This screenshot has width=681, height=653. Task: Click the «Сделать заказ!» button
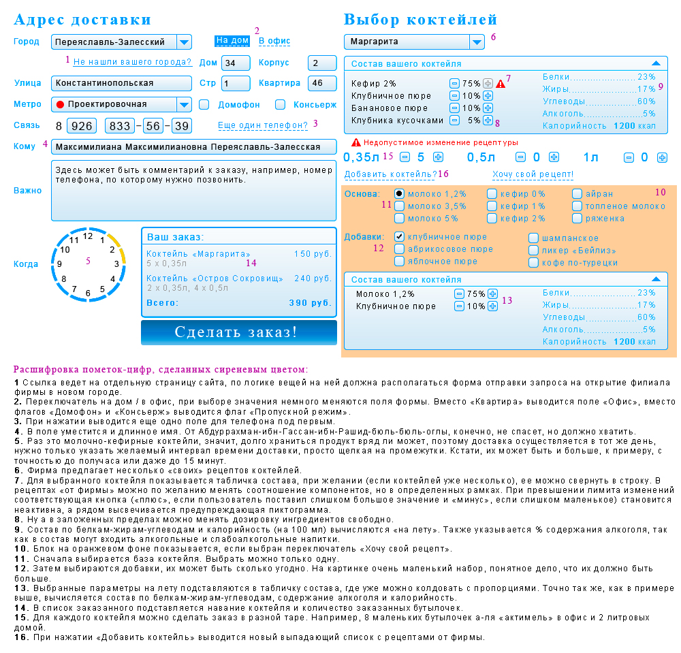pyautogui.click(x=238, y=332)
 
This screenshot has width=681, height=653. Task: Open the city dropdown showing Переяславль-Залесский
pyautogui.click(x=183, y=42)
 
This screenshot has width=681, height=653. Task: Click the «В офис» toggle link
pyautogui.click(x=274, y=41)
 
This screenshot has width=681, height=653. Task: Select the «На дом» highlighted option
pyautogui.click(x=232, y=41)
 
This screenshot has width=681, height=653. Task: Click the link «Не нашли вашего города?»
pyautogui.click(x=132, y=62)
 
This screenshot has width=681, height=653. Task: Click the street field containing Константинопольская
pyautogui.click(x=121, y=83)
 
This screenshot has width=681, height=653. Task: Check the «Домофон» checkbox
pyautogui.click(x=204, y=105)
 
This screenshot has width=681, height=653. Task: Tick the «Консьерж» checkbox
pyautogui.click(x=280, y=105)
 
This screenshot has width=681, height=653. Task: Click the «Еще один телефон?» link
pyautogui.click(x=262, y=125)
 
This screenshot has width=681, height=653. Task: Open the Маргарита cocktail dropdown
pyautogui.click(x=476, y=42)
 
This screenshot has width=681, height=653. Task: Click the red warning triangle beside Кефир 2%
pyautogui.click(x=501, y=84)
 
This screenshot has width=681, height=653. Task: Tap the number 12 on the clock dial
pyautogui.click(x=87, y=236)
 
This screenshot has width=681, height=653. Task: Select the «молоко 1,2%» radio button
pyautogui.click(x=400, y=194)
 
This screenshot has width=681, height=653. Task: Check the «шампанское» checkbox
pyautogui.click(x=534, y=238)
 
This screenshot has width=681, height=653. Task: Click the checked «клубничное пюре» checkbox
pyautogui.click(x=400, y=237)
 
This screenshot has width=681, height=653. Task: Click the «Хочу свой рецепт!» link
pyautogui.click(x=533, y=175)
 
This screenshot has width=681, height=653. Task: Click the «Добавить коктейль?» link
pyautogui.click(x=390, y=175)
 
